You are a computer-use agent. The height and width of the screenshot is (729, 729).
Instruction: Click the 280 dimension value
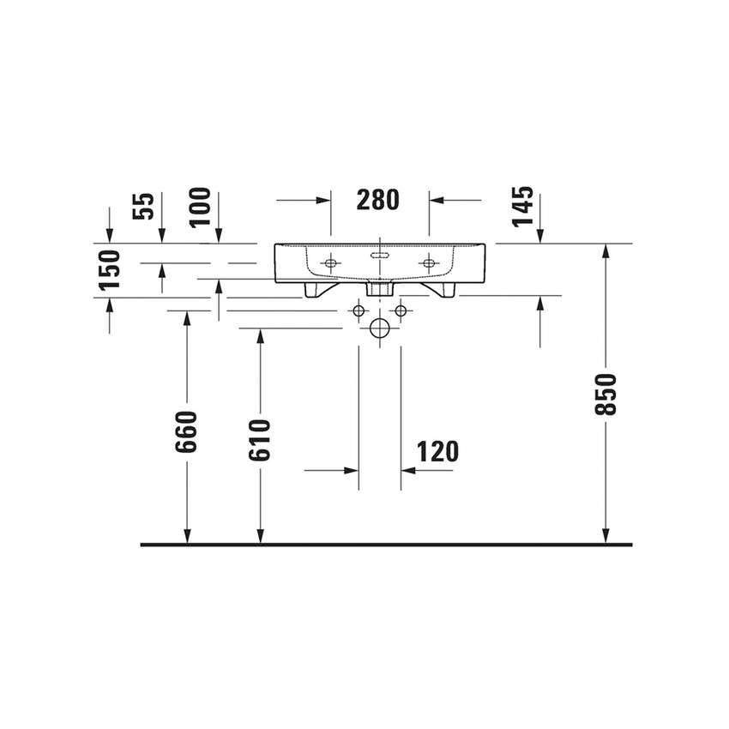click(378, 200)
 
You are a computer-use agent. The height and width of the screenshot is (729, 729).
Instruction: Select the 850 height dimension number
click(605, 394)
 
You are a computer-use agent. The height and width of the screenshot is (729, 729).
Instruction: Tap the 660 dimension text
click(187, 431)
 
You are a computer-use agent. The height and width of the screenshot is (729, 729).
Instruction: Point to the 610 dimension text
click(260, 440)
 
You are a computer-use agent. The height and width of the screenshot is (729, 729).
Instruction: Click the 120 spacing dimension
click(437, 451)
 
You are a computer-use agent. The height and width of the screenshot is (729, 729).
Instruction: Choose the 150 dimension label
click(109, 268)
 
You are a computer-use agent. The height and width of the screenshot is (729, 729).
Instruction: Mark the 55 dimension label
click(144, 206)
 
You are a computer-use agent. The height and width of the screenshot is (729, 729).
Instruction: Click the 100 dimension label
click(200, 206)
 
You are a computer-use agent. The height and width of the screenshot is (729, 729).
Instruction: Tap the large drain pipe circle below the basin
click(379, 328)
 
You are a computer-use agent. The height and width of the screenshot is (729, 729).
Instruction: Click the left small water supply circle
click(358, 310)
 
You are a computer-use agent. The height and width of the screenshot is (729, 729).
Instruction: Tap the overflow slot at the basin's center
click(379, 256)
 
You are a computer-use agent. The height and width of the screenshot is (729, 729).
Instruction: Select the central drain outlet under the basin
click(378, 288)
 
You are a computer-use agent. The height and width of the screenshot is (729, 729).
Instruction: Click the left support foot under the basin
click(315, 290)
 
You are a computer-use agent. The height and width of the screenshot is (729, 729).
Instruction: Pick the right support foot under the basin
click(443, 290)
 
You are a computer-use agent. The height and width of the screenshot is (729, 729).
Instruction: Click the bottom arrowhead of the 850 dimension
click(605, 536)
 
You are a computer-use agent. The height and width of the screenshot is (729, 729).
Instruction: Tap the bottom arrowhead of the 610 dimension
click(260, 536)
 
